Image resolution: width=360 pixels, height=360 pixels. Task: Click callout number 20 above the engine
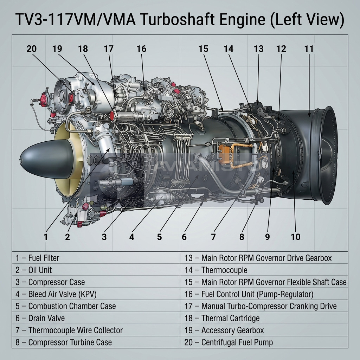pyautogui.click(x=31, y=49)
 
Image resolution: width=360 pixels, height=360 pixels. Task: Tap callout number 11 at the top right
pyautogui.click(x=309, y=49)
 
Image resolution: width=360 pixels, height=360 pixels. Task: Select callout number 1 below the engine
pyautogui.click(x=45, y=237)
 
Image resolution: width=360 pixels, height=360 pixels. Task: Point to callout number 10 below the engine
pyautogui.click(x=296, y=237)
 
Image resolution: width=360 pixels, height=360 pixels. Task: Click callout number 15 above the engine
pyautogui.click(x=203, y=49)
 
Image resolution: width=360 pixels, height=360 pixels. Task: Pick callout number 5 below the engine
pyautogui.click(x=159, y=237)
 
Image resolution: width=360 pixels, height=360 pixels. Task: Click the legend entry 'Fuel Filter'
pyautogui.click(x=37, y=258)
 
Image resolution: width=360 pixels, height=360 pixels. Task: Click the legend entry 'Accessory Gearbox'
pyautogui.click(x=224, y=330)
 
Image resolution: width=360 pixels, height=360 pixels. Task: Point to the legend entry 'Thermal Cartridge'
pyautogui.click(x=222, y=319)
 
